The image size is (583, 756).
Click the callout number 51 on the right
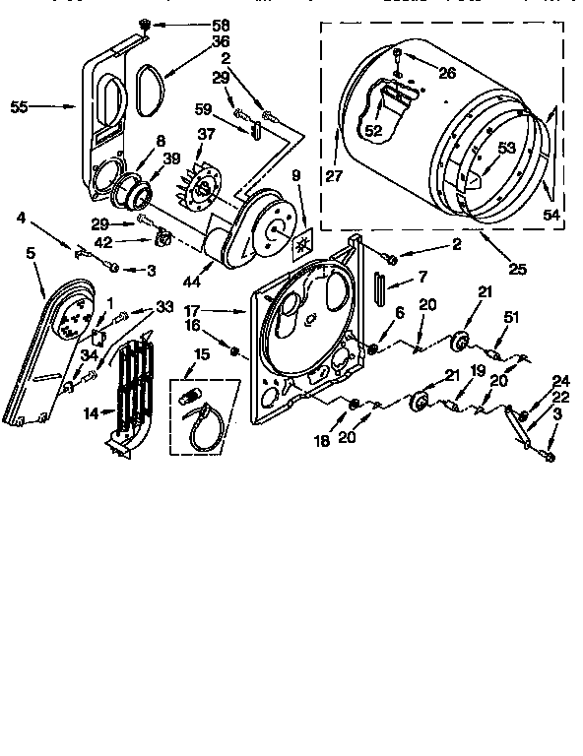click(x=511, y=316)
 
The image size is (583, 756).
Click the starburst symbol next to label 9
click(x=303, y=242)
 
